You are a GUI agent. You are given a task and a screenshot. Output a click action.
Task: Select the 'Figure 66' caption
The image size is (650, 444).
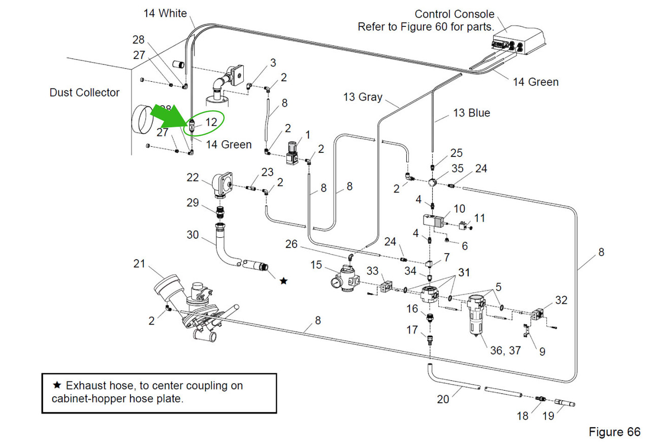click(x=614, y=432)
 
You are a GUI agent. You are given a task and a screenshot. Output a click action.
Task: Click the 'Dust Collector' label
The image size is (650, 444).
click(x=84, y=92)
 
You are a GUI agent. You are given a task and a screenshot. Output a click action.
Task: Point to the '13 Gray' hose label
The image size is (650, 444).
click(x=363, y=97)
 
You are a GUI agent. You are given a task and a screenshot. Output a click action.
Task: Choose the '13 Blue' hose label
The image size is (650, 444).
click(x=471, y=113)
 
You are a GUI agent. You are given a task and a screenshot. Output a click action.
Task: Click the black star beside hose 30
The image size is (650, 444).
click(x=283, y=280)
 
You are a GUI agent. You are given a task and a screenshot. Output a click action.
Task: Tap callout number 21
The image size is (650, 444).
click(x=139, y=264)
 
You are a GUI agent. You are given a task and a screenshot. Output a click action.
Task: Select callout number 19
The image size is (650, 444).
click(x=548, y=416)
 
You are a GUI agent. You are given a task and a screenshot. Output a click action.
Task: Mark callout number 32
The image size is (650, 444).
click(x=561, y=300)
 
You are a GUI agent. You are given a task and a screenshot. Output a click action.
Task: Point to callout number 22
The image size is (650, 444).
click(x=193, y=177)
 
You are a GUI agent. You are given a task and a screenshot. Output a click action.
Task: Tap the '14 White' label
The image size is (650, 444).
click(x=165, y=13)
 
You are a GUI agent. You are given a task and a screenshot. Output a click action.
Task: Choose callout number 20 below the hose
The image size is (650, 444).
click(x=443, y=399)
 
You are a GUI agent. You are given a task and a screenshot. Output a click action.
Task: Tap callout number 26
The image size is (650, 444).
click(x=291, y=244)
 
